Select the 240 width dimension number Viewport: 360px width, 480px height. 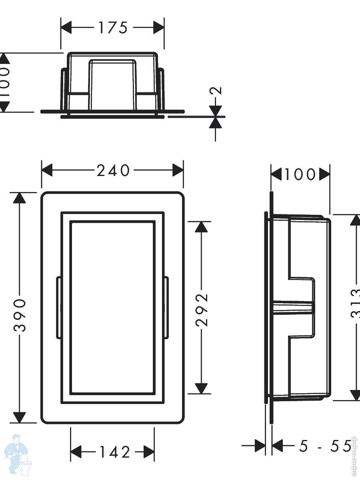click(x=113, y=171)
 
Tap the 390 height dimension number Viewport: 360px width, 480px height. click(x=20, y=315)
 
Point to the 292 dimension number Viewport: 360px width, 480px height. click(x=203, y=310)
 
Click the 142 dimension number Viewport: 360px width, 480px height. click(x=114, y=452)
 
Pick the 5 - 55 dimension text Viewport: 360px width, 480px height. click(x=325, y=446)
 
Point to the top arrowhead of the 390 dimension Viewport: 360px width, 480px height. click(x=19, y=198)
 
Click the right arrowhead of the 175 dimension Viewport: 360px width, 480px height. click(x=159, y=28)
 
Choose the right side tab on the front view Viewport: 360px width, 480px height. click(x=166, y=307)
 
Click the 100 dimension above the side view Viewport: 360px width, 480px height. click(x=300, y=174)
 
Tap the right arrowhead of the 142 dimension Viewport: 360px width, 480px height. click(x=149, y=452)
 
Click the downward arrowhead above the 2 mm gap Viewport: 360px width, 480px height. click(x=215, y=111)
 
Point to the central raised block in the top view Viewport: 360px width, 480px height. click(x=112, y=84)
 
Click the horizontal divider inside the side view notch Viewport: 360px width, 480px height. click(x=294, y=306)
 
